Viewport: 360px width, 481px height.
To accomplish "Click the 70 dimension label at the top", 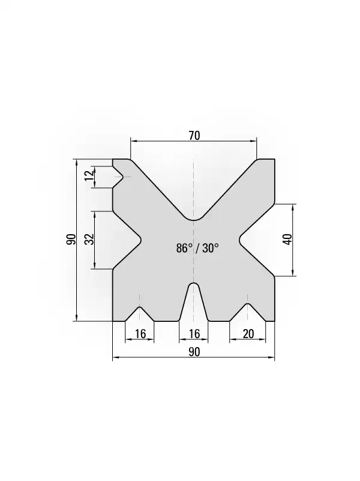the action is point(194,135).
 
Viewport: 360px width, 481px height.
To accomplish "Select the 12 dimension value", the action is point(89,176).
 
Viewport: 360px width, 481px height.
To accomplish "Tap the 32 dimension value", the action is point(89,239).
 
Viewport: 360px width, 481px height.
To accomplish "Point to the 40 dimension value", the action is point(287,239).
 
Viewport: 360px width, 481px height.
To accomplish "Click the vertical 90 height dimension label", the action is point(71,239).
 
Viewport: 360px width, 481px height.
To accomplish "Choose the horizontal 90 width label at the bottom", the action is point(194,352).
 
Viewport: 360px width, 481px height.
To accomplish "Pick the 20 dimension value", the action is point(248,334).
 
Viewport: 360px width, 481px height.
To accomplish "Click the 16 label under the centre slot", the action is point(194,334).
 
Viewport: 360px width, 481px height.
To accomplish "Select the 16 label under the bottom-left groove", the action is point(140,334).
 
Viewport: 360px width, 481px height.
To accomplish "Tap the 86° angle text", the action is point(184,248).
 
